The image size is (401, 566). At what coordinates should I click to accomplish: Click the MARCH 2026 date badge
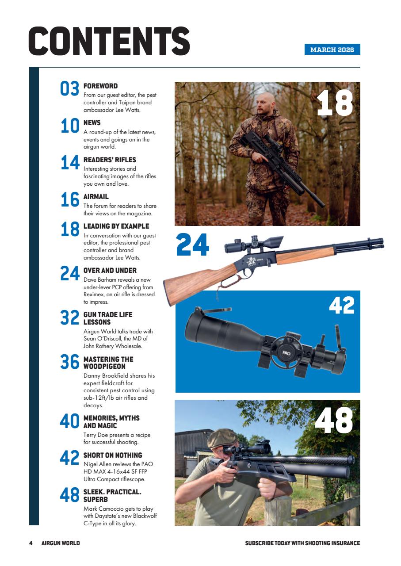click(x=332, y=50)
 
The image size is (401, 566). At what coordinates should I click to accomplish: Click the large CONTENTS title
click(x=109, y=41)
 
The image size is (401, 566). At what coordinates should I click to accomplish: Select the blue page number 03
click(x=69, y=89)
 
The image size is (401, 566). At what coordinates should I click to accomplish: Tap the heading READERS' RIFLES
click(x=110, y=160)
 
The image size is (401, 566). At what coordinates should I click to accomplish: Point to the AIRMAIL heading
click(x=96, y=196)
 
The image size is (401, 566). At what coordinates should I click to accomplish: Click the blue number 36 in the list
click(x=69, y=362)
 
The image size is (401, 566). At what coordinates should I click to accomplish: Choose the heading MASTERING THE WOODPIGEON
click(x=108, y=363)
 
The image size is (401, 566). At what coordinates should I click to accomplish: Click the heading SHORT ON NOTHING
click(x=113, y=455)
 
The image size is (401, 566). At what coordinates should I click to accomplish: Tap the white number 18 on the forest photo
click(x=335, y=103)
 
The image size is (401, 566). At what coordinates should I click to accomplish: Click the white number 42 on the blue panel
click(x=341, y=305)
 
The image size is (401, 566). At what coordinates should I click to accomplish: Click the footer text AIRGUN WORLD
click(x=61, y=543)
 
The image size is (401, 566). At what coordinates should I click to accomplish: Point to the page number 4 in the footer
click(x=31, y=543)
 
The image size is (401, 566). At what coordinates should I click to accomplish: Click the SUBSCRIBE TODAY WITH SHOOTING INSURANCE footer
click(x=302, y=543)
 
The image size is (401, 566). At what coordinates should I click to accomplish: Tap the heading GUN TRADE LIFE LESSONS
click(x=108, y=318)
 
